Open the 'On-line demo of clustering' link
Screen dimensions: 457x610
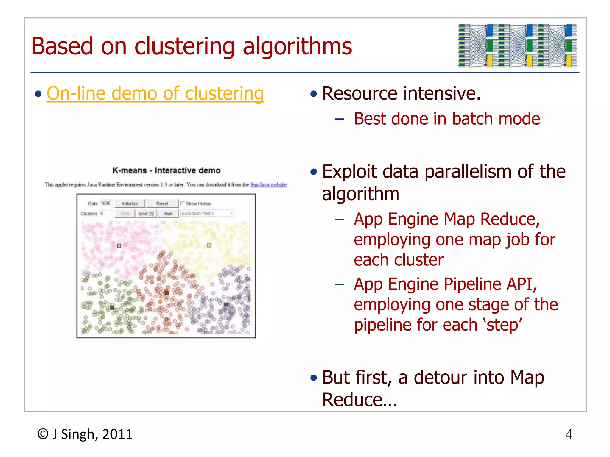(155, 94)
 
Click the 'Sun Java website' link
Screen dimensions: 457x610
(268, 185)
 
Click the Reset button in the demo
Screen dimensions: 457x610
(162, 204)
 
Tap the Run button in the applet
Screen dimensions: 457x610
(168, 214)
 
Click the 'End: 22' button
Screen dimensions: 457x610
(147, 214)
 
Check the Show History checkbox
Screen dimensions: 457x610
(183, 204)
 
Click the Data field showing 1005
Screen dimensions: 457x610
(105, 204)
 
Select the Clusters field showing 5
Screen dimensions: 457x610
(106, 213)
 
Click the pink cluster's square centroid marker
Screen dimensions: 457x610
(119, 246)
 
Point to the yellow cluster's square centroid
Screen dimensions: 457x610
(209, 245)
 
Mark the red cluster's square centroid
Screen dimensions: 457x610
(166, 293)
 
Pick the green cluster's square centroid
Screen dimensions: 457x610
(112, 308)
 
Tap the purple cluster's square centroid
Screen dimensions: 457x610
(226, 304)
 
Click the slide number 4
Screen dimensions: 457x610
(569, 435)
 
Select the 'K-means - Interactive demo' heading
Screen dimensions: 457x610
(166, 170)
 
